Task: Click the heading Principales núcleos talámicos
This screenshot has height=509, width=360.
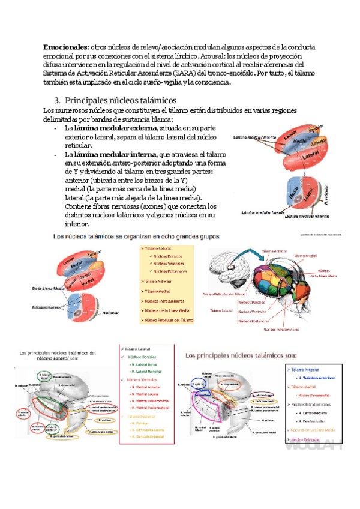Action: click(x=120, y=100)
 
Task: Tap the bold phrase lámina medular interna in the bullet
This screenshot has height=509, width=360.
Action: click(x=113, y=155)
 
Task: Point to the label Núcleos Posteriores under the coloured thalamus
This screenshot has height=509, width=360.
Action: click(x=255, y=321)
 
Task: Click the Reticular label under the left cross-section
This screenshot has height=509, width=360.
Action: click(x=110, y=313)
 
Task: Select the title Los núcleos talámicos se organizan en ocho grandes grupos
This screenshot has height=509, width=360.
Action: click(x=137, y=236)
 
